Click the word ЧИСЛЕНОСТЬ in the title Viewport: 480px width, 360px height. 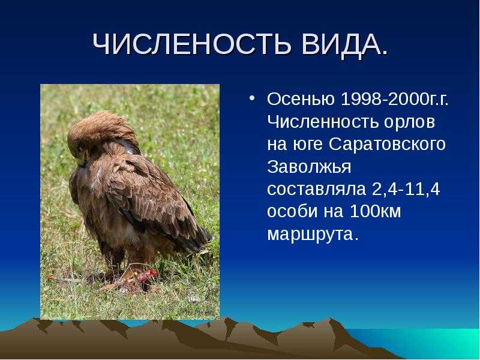pyautogui.click(x=191, y=44)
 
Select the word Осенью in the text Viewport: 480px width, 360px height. pyautogui.click(x=301, y=99)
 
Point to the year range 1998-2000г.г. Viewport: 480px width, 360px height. pyautogui.click(x=395, y=99)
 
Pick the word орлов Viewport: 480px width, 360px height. pyautogui.click(x=409, y=122)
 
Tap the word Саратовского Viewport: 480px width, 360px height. pyautogui.click(x=387, y=145)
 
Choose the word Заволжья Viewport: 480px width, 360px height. pyautogui.click(x=309, y=167)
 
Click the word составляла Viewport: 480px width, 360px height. pyautogui.click(x=317, y=190)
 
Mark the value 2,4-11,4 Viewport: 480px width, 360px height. pyautogui.click(x=406, y=190)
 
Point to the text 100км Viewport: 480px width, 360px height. pyautogui.click(x=375, y=211)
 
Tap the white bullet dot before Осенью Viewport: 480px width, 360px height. pyautogui.click(x=251, y=98)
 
